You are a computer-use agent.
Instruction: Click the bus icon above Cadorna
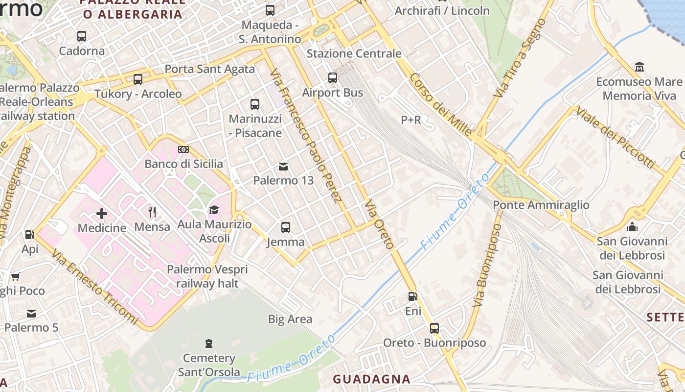pyautogui.click(x=82, y=36)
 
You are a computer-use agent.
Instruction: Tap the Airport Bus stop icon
pyautogui.click(x=333, y=77)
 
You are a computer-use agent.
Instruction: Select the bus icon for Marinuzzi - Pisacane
pyautogui.click(x=255, y=104)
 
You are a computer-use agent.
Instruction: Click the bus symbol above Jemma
pyautogui.click(x=286, y=227)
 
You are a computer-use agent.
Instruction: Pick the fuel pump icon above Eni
pyautogui.click(x=413, y=296)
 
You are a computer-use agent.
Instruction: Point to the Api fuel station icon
pyautogui.click(x=30, y=235)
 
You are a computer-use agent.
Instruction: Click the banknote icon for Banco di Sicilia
pyautogui.click(x=183, y=149)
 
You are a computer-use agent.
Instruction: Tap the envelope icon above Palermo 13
pyautogui.click(x=283, y=166)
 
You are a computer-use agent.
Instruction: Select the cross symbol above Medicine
pyautogui.click(x=102, y=213)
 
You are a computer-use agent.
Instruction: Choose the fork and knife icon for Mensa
pyautogui.click(x=152, y=212)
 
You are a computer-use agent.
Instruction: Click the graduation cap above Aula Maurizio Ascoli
pyautogui.click(x=214, y=210)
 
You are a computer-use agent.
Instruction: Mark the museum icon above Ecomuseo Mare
pyautogui.click(x=639, y=66)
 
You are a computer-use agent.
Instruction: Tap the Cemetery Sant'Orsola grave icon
pyautogui.click(x=209, y=343)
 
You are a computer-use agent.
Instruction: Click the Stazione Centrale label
pyautogui.click(x=354, y=53)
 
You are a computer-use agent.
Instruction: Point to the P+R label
pyautogui.click(x=411, y=120)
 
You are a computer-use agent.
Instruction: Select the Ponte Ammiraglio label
pyautogui.click(x=541, y=205)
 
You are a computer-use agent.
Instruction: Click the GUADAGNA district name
pyautogui.click(x=371, y=379)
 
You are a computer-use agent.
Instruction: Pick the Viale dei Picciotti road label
pyautogui.click(x=615, y=137)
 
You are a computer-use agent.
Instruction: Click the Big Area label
pyautogui.click(x=290, y=319)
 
